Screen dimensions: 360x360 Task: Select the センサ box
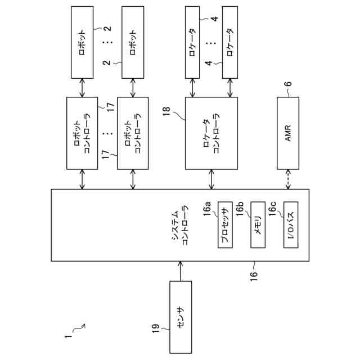coord(181,317)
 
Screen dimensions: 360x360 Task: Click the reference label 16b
coord(240,209)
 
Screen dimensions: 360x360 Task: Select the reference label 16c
coord(272,209)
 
